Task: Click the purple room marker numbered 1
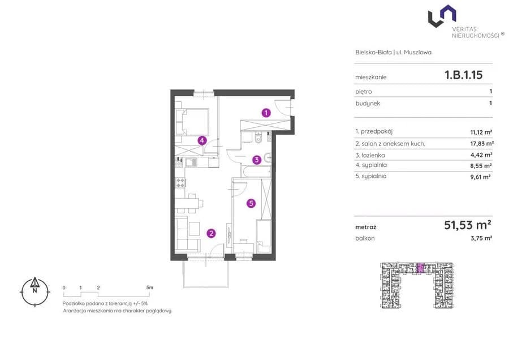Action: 266,113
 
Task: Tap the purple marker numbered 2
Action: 212,233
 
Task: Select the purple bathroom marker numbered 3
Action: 257,160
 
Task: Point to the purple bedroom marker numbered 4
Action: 202,140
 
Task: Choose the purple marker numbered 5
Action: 251,203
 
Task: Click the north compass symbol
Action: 34,292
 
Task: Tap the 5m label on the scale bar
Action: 149,288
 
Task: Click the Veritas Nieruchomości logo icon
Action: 442,16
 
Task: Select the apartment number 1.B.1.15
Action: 464,75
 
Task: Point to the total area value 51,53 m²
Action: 468,225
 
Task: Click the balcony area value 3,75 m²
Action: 481,238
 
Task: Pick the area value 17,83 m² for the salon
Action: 482,143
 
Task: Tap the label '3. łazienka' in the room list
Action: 370,155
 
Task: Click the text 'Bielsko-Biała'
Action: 373,52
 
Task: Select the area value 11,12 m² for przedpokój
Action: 481,132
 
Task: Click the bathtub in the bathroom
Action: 256,171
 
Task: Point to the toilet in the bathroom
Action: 258,139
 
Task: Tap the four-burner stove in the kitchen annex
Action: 180,183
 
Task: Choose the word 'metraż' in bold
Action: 366,228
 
